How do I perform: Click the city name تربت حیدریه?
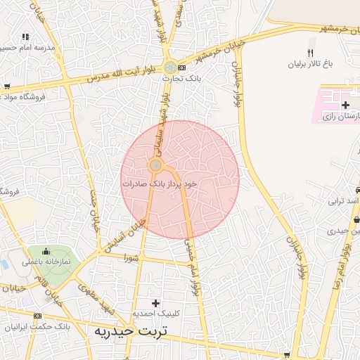point(132,330)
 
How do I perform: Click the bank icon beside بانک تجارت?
point(183,67)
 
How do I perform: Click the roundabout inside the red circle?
point(155,165)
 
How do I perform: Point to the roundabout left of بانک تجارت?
point(170,67)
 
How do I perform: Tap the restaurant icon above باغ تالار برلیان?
point(310,52)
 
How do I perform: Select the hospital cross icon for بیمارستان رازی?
point(345,105)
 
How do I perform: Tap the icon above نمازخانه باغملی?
point(46,251)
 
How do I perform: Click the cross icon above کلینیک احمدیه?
point(156,302)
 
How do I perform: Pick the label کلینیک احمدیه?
point(156,314)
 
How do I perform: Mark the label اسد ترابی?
point(345,201)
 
